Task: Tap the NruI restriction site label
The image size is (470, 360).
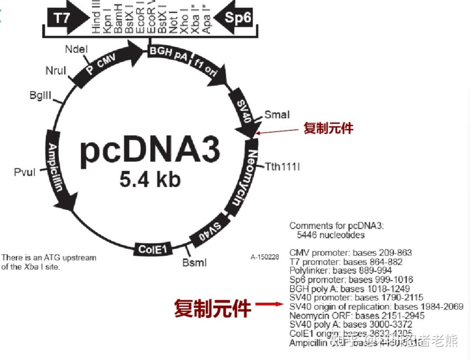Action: [x=56, y=71]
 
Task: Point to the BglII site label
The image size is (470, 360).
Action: [x=41, y=95]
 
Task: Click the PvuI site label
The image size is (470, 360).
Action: [x=25, y=172]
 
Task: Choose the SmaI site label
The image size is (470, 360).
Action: [x=277, y=114]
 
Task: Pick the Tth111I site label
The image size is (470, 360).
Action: [x=283, y=167]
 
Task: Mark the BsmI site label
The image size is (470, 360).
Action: [x=195, y=262]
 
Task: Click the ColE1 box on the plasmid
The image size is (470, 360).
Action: [x=152, y=249]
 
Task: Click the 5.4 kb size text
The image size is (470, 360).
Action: [x=150, y=179]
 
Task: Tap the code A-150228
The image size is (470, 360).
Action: [x=265, y=257]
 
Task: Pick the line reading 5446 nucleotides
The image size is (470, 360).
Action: [x=330, y=235]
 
